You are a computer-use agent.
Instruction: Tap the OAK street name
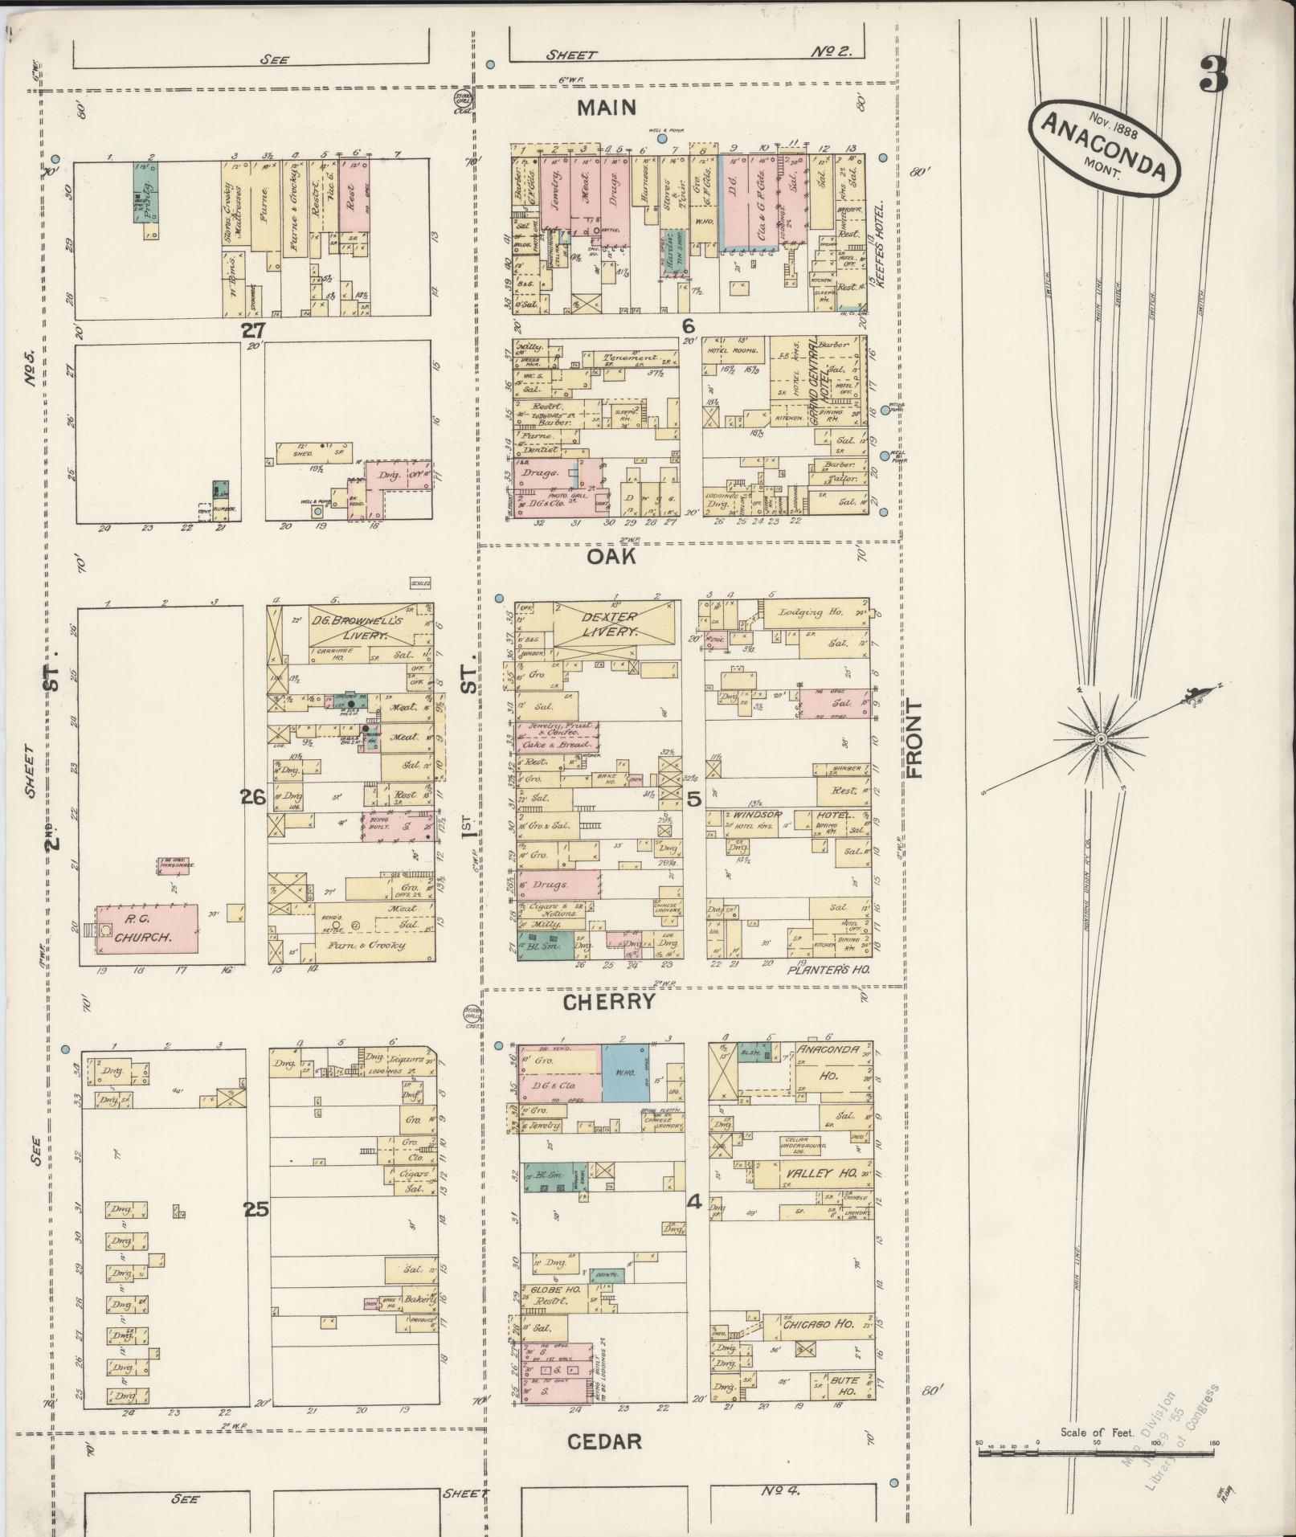pos(611,556)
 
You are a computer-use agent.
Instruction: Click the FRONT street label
pos(914,738)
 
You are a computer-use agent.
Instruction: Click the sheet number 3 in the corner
pos(1212,76)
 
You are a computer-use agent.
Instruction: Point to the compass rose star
pos(1102,738)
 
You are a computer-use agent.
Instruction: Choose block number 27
pos(255,329)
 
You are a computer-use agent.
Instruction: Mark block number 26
pos(253,797)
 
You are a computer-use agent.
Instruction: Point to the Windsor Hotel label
pos(786,815)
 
